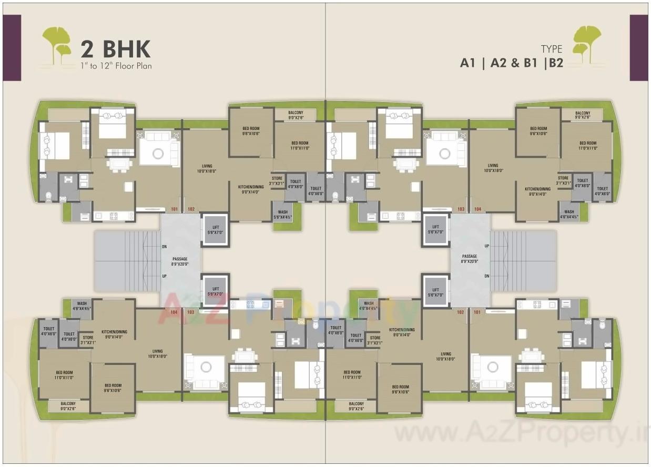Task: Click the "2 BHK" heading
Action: click(115, 49)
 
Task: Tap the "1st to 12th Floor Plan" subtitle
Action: click(116, 66)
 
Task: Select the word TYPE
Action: click(551, 49)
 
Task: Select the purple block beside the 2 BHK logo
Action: click(12, 48)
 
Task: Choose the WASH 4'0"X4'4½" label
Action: click(369, 306)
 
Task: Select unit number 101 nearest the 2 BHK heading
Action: click(174, 209)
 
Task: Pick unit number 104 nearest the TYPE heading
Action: click(477, 209)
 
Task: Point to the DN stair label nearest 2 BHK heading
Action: click(164, 246)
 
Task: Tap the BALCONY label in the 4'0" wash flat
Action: click(356, 406)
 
